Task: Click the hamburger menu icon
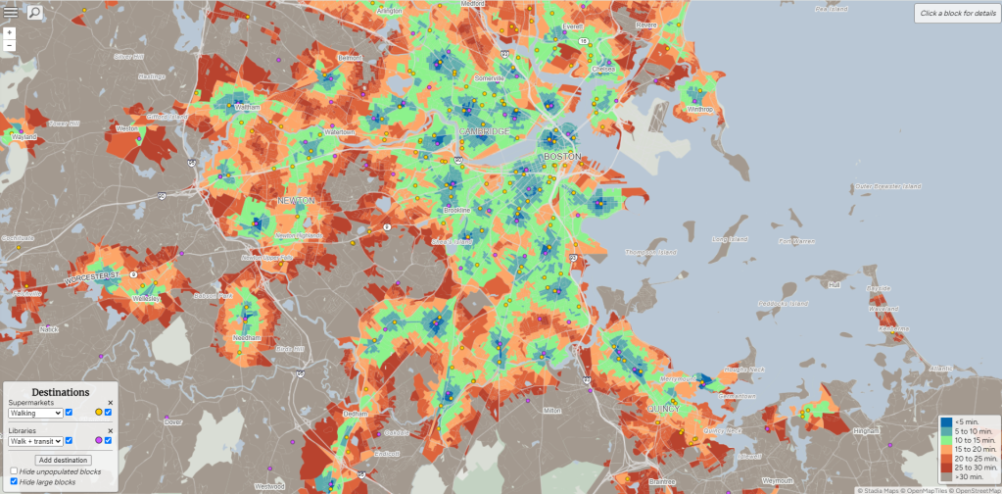click(11, 12)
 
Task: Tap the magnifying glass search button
click(34, 13)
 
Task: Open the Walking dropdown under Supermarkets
click(35, 413)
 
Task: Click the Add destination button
click(63, 460)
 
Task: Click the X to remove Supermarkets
click(110, 403)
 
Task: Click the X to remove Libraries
click(110, 431)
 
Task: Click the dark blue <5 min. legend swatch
click(945, 421)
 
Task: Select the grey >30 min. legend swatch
click(945, 476)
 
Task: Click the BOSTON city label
click(562, 156)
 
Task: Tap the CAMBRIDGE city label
click(484, 131)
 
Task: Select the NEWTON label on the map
click(297, 200)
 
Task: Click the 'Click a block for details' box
click(957, 13)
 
